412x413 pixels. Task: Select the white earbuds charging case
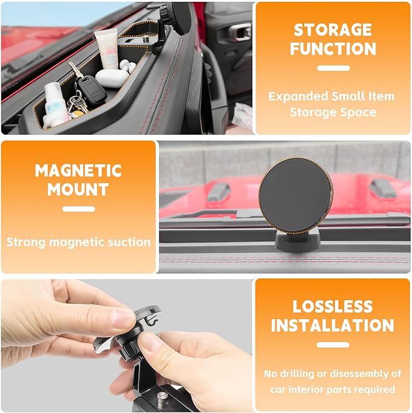click(112, 78)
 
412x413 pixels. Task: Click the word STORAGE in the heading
click(333, 30)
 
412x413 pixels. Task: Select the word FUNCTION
click(333, 49)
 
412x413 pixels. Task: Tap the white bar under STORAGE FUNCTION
click(333, 69)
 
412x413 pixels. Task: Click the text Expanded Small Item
click(332, 96)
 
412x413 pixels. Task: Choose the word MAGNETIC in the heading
click(78, 170)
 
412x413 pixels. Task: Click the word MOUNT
click(78, 189)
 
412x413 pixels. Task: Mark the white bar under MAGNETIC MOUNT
click(78, 209)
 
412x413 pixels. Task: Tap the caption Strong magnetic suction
click(78, 242)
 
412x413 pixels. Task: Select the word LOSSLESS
click(333, 306)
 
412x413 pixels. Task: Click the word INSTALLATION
click(333, 326)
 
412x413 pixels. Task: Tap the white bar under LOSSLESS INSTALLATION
click(333, 345)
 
